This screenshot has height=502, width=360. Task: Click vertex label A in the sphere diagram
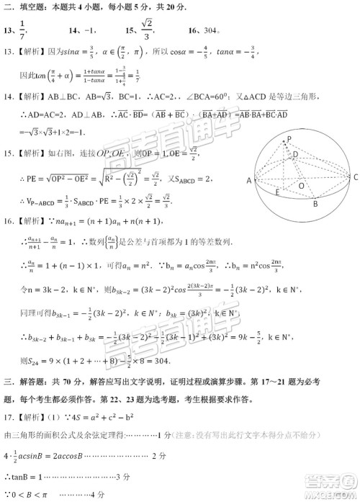pyautogui.click(x=249, y=181)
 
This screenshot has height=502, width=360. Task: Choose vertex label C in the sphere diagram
pyautogui.click(x=354, y=176)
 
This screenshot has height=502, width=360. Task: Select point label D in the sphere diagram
pyautogui.click(x=294, y=155)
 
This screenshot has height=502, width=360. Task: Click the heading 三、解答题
pyautogui.click(x=30, y=380)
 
